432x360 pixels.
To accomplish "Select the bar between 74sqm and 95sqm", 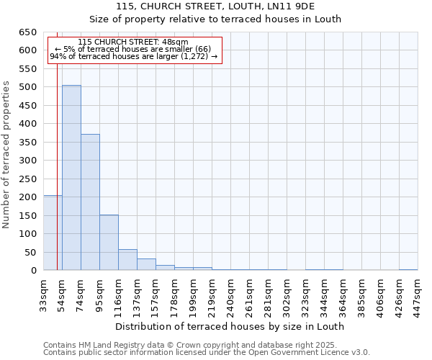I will coord(90,202).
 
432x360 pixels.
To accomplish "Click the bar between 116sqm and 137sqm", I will coord(127,260).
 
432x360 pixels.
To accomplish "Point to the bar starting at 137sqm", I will coord(146,264).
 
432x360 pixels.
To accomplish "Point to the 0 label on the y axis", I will coord(33,271).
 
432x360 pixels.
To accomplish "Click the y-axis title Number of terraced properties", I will coord(7,155).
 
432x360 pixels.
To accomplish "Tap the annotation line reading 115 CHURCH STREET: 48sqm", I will coord(133,42).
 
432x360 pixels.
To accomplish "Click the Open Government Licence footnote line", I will coord(207,353).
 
